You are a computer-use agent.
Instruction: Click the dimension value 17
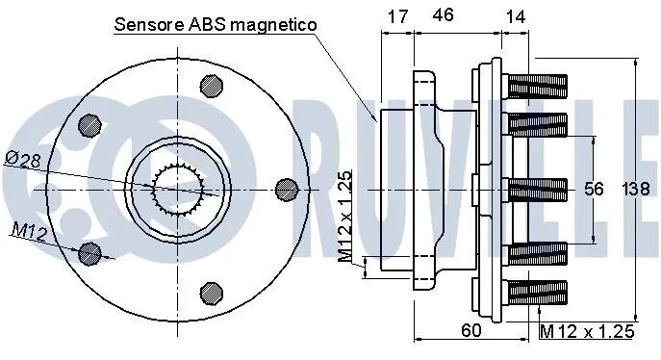[398, 16]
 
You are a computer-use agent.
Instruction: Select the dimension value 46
[443, 14]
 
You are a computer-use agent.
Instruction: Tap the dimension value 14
[515, 16]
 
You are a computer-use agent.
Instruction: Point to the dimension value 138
[636, 189]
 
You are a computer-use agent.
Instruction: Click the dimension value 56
[594, 189]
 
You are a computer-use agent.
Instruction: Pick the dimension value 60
[470, 330]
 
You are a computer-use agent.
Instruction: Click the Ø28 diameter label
[24, 159]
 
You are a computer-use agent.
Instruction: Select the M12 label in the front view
[30, 232]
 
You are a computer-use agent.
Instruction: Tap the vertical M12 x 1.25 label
[344, 217]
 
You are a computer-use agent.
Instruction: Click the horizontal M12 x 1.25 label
[587, 331]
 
